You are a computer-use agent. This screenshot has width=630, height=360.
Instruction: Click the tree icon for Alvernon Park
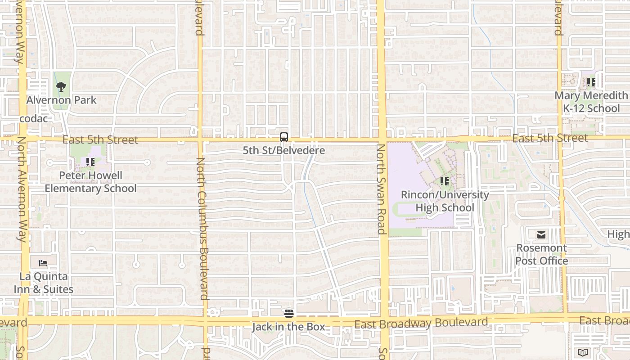click(x=61, y=86)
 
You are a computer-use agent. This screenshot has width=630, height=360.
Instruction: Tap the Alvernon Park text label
click(x=61, y=100)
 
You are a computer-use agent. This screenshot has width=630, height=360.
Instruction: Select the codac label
click(x=34, y=119)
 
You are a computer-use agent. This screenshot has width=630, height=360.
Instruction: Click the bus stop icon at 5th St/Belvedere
click(x=283, y=137)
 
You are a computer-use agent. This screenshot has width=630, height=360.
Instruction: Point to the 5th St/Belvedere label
click(x=283, y=150)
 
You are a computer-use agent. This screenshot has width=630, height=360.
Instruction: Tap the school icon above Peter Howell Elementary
click(x=90, y=162)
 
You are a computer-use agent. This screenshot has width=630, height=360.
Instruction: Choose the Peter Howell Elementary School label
click(x=90, y=182)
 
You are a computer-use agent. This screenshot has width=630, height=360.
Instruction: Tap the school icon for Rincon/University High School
click(x=445, y=181)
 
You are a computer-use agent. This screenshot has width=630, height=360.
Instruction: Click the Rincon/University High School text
click(x=445, y=201)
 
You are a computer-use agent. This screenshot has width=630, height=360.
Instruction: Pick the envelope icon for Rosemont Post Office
click(x=541, y=234)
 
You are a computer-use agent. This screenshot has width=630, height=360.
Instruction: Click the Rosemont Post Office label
click(x=541, y=254)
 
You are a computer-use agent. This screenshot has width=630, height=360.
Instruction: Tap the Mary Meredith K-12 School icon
click(x=591, y=82)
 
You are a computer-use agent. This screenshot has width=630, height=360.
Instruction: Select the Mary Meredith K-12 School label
click(x=591, y=102)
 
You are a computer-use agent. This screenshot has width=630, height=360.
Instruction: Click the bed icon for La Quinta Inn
click(x=43, y=263)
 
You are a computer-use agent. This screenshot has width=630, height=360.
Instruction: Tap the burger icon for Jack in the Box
click(x=289, y=313)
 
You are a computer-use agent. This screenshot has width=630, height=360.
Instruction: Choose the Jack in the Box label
click(x=288, y=327)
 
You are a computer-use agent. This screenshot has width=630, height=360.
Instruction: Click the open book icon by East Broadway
click(x=583, y=352)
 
